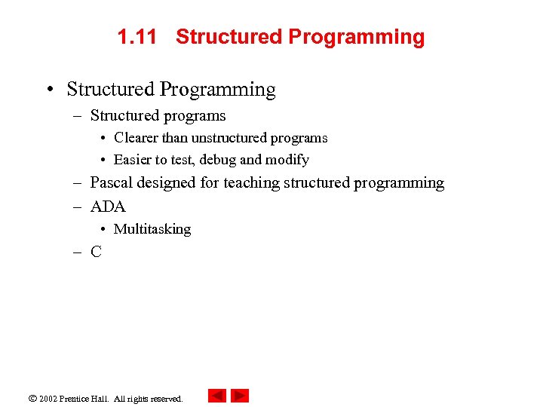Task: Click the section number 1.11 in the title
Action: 137,37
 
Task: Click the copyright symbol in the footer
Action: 32,398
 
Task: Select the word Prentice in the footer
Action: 76,398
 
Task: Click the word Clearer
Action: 136,138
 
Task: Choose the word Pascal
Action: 111,182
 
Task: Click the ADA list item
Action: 108,207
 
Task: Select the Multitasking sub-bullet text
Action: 152,229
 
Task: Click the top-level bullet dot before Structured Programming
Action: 48,90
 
